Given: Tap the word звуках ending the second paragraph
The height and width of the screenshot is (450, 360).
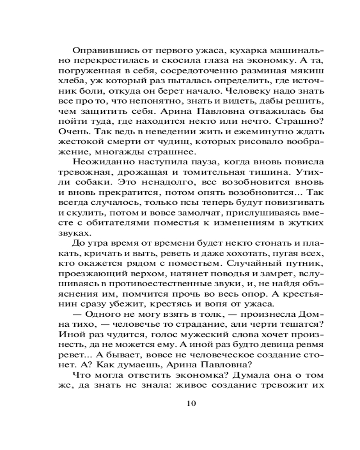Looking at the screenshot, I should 74,236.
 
